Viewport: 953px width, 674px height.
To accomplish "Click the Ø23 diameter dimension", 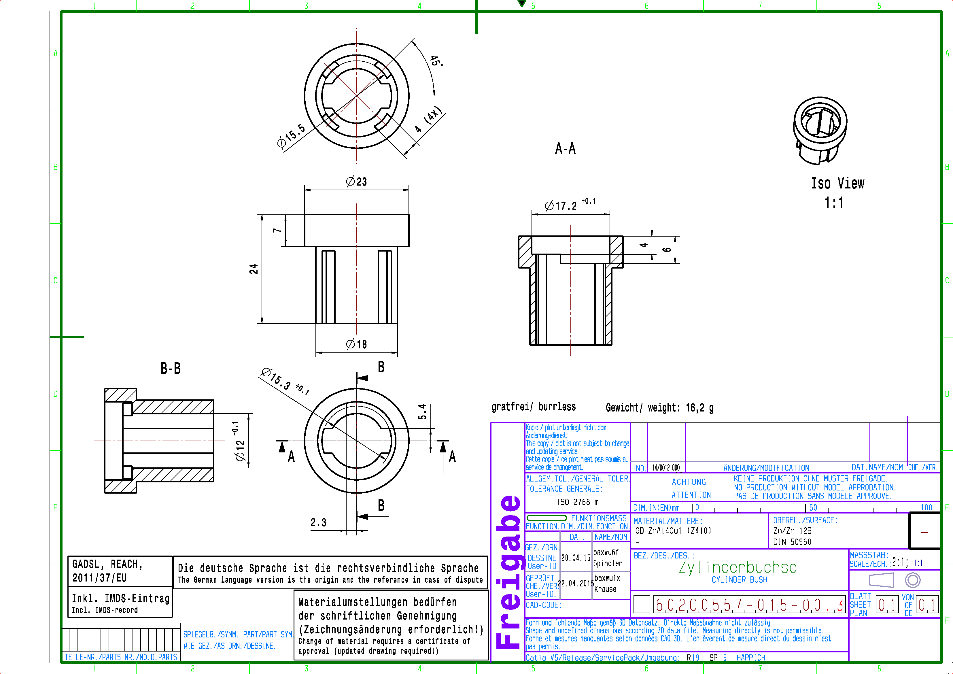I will click(356, 182).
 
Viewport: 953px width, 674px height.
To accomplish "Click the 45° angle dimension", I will click(436, 61).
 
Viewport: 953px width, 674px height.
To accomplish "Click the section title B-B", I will click(171, 368).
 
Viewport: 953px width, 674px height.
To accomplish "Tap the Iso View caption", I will click(837, 184).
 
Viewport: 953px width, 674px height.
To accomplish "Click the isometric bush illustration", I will click(820, 130).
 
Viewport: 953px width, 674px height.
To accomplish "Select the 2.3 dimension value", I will click(318, 522).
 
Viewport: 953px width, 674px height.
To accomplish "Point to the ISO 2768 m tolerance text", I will click(578, 502).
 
